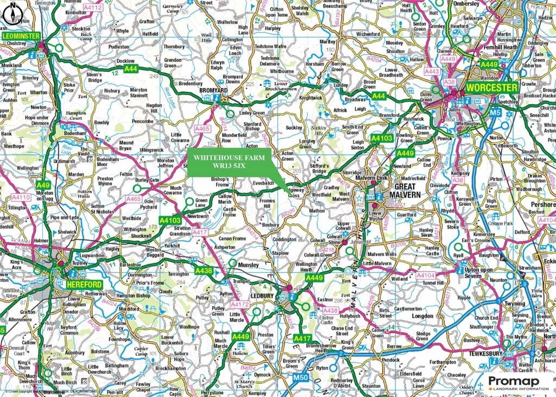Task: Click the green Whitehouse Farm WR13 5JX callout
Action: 228,161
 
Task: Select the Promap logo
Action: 515,383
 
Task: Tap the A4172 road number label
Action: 239,306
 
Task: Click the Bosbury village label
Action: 270,224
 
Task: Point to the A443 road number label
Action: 432,72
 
